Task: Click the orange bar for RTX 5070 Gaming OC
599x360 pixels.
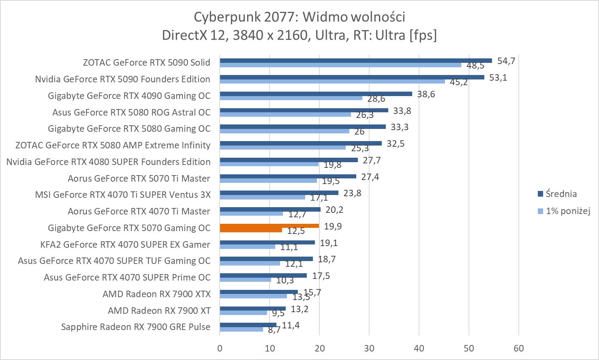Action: pyautogui.click(x=269, y=226)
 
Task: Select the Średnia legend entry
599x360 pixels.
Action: pyautogui.click(x=561, y=194)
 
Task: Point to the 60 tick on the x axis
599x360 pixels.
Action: pyautogui.click(x=519, y=348)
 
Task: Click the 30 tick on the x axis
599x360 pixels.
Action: pyautogui.click(x=369, y=348)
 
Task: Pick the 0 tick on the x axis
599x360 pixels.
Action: pyautogui.click(x=220, y=348)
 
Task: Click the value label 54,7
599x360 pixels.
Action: pyautogui.click(x=506, y=61)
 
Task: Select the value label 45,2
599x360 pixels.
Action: pyautogui.click(x=459, y=82)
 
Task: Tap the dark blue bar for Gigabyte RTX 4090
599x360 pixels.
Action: pyautogui.click(x=316, y=94)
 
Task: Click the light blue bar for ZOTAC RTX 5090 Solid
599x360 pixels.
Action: pyautogui.click(x=340, y=65)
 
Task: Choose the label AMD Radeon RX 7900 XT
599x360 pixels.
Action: pyautogui.click(x=159, y=311)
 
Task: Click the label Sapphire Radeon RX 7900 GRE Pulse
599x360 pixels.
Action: pyautogui.click(x=136, y=327)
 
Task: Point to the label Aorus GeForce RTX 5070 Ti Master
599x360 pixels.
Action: pyautogui.click(x=139, y=178)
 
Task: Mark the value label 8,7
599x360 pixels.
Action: pyautogui.click(x=274, y=330)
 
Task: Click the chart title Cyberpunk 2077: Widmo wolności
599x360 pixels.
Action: pyautogui.click(x=299, y=17)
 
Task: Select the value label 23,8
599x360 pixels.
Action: pyautogui.click(x=352, y=193)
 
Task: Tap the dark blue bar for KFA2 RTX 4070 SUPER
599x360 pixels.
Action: pyautogui.click(x=267, y=242)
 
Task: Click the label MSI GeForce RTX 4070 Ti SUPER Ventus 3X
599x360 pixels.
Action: pyautogui.click(x=123, y=195)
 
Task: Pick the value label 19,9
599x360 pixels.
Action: pyautogui.click(x=333, y=226)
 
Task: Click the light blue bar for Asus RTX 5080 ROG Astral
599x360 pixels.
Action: pyautogui.click(x=285, y=114)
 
